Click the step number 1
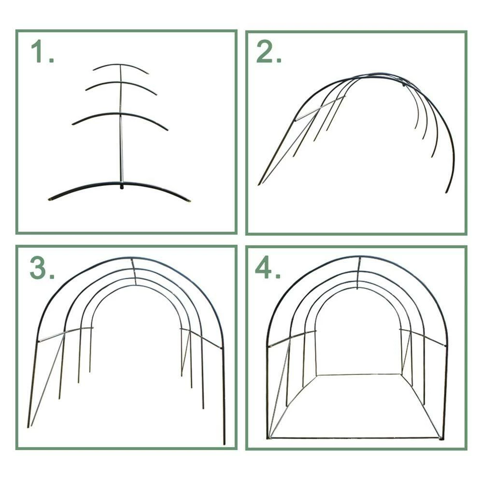[x=43, y=52]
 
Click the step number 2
[x=269, y=52]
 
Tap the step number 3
[x=42, y=268]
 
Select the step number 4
[x=268, y=268]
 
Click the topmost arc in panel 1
[x=120, y=65]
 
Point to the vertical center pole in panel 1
[x=121, y=123]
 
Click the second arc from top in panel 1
[x=121, y=83]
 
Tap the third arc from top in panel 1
[x=121, y=114]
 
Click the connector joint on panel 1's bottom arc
[x=122, y=186]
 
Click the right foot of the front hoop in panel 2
[x=446, y=192]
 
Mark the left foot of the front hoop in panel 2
[x=259, y=184]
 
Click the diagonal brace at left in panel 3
[x=48, y=380]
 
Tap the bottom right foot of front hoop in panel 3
[x=224, y=442]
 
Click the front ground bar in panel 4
[x=355, y=438]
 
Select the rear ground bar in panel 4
[x=359, y=375]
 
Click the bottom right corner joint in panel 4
[x=441, y=438]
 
